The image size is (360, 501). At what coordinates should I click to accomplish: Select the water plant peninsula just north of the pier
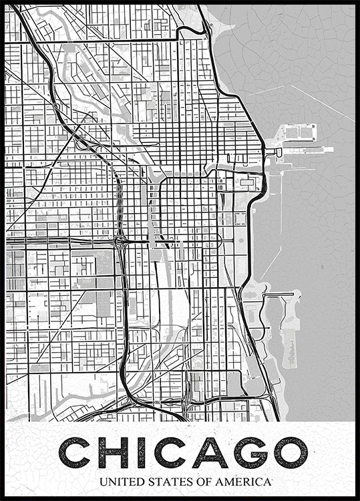point(297,131)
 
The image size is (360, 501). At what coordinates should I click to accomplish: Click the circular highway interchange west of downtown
point(121,240)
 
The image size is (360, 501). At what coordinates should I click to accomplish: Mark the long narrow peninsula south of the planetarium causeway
point(291,327)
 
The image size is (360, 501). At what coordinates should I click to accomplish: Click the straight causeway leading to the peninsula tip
point(281,293)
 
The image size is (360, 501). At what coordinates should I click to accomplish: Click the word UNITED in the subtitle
point(119,482)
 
